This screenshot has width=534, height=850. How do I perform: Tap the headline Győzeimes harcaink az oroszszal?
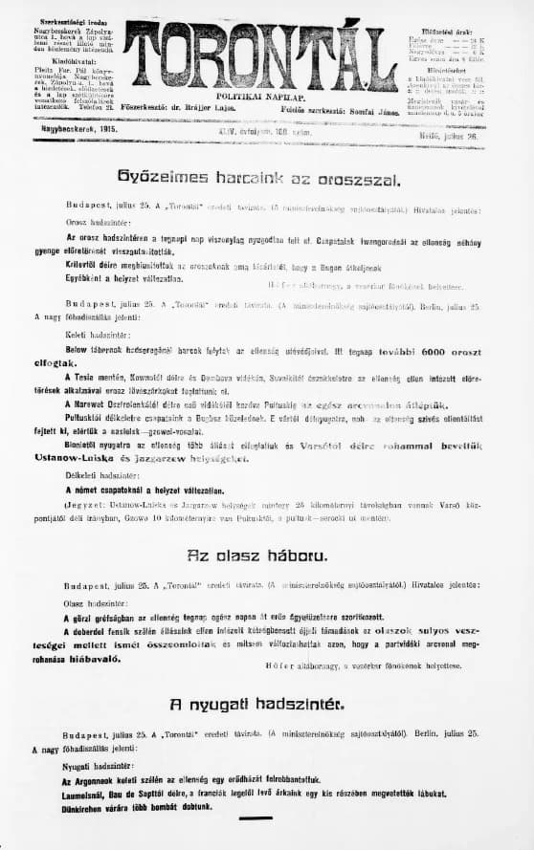tap(258, 178)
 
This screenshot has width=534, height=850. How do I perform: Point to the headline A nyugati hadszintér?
tap(256, 705)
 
